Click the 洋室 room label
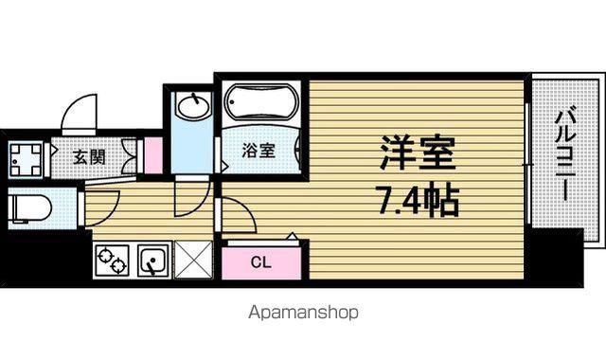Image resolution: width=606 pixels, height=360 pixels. [417, 153]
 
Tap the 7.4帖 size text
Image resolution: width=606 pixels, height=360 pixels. [419, 201]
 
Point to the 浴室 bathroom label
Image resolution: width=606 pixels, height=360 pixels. [258, 151]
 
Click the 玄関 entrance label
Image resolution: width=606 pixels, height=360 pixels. [89, 157]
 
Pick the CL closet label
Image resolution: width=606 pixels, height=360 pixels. [261, 262]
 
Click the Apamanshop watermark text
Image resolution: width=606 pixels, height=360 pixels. [303, 313]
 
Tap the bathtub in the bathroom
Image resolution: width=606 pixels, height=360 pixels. [261, 102]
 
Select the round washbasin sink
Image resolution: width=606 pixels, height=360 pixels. [192, 105]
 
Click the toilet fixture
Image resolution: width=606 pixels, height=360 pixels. [30, 208]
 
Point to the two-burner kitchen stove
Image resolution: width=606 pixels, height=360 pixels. [112, 261]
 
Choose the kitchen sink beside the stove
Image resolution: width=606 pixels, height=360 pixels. [153, 261]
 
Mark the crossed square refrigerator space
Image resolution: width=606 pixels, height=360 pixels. [193, 260]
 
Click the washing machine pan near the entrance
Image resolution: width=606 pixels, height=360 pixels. [26, 160]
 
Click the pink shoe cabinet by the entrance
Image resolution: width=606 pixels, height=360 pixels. [153, 155]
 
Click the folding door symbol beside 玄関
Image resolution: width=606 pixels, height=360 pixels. [129, 156]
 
